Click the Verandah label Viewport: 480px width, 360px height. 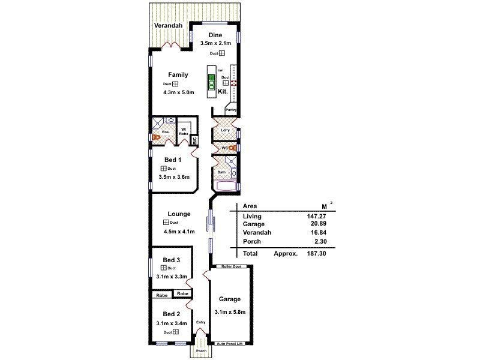pyautogui.click(x=169, y=26)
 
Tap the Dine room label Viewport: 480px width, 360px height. pyautogui.click(x=215, y=35)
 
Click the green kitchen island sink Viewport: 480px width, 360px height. pyautogui.click(x=211, y=83)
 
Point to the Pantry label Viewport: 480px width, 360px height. pyautogui.click(x=231, y=110)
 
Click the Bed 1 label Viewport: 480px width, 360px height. pyautogui.click(x=173, y=160)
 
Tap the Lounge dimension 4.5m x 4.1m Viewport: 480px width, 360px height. pyautogui.click(x=179, y=231)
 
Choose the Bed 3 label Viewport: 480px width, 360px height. pyautogui.click(x=172, y=260)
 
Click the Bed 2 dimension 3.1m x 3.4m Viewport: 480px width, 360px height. pyautogui.click(x=171, y=323)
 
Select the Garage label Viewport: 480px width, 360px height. pyautogui.click(x=229, y=299)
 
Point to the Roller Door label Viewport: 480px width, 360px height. pyautogui.click(x=231, y=266)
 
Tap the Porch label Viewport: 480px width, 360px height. pyautogui.click(x=201, y=351)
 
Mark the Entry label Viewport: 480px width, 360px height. pyautogui.click(x=200, y=322)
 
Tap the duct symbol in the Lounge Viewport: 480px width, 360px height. pyautogui.click(x=166, y=223)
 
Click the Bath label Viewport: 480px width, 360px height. pyautogui.click(x=221, y=172)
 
